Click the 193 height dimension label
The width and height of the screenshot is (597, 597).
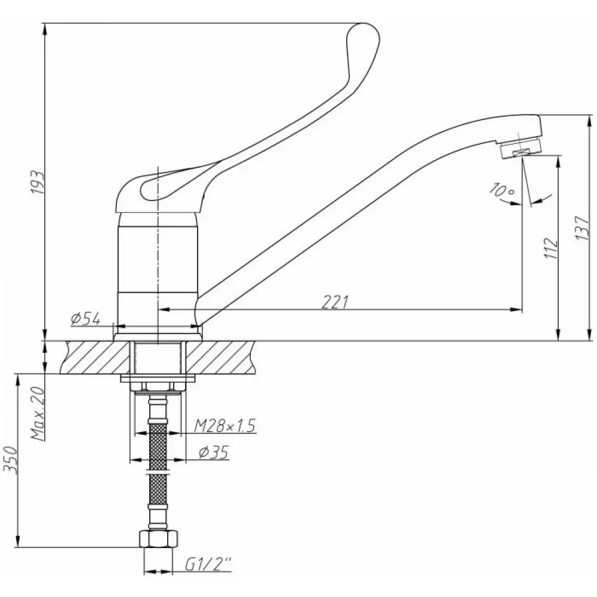coord(38,182)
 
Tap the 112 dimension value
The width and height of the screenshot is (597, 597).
coord(550,248)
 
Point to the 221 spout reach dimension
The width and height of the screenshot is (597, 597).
coord(335,302)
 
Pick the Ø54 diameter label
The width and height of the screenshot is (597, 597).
coord(85,319)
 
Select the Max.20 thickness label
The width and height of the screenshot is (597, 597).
coord(38,414)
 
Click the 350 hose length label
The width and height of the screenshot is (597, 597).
coord(11,460)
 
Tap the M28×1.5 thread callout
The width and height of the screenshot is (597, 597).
coord(224,426)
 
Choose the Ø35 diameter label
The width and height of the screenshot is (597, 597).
coord(213,453)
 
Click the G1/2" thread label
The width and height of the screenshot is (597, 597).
coord(208,565)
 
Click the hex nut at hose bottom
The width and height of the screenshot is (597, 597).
coord(158,538)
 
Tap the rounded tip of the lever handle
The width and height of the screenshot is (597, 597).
coord(364,34)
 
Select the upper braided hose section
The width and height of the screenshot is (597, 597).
coord(158,446)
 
